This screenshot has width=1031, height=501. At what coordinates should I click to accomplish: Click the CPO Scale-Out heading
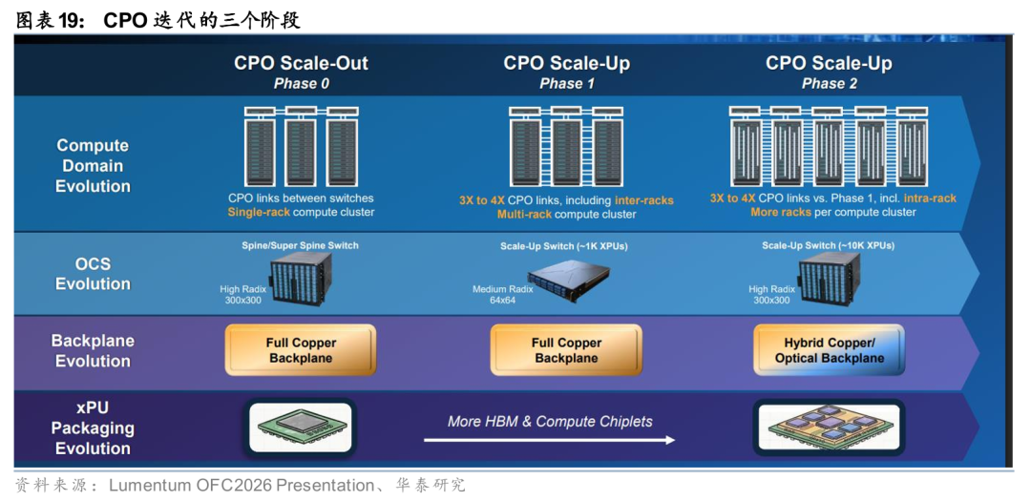(x=301, y=63)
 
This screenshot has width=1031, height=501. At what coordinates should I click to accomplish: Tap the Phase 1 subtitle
(x=567, y=84)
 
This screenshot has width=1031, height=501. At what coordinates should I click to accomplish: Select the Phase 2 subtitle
(x=829, y=84)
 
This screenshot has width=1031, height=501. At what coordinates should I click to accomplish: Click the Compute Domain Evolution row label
(x=93, y=166)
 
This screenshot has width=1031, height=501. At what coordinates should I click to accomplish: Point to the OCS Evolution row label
(x=93, y=274)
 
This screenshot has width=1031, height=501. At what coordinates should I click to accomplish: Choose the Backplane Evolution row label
(x=93, y=350)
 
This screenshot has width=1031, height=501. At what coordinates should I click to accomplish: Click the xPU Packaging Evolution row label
(x=93, y=428)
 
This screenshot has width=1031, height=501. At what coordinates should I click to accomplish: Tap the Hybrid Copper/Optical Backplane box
(x=829, y=350)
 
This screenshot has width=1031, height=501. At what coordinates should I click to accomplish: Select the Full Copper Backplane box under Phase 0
(x=301, y=350)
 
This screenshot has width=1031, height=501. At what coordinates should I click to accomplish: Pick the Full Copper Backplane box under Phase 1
(x=566, y=350)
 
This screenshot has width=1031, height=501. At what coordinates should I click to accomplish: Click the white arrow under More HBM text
(x=549, y=440)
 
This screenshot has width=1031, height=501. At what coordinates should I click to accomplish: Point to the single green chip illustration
(x=301, y=427)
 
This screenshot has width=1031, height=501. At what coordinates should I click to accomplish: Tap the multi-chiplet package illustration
(x=829, y=427)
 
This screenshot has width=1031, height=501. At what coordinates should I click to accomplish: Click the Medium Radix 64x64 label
(x=503, y=295)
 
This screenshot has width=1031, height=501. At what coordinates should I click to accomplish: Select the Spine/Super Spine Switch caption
(x=301, y=246)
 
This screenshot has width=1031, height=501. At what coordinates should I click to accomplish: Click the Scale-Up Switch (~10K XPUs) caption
(x=828, y=246)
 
